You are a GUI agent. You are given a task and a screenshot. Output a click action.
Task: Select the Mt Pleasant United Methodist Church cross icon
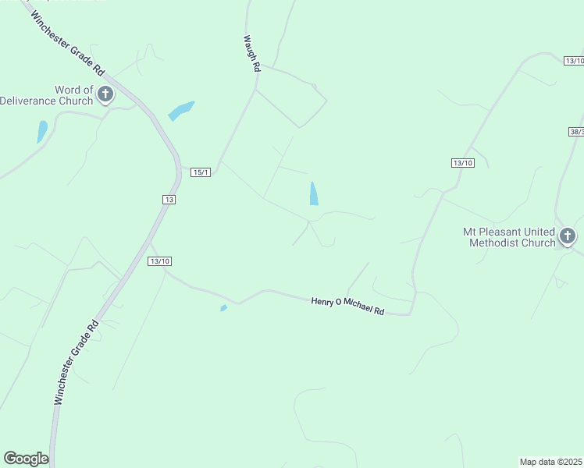tap(568, 236)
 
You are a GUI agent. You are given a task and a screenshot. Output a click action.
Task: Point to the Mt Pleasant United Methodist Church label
tap(509, 237)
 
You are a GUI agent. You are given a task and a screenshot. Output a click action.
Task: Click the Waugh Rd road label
tap(251, 54)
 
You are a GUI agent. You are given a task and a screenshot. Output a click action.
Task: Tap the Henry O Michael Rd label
tap(348, 305)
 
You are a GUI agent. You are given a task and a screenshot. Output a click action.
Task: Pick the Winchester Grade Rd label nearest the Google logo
tap(75, 362)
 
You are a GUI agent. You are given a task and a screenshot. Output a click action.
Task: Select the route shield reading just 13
tap(169, 200)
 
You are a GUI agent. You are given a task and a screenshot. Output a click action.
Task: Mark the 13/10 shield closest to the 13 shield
tap(159, 261)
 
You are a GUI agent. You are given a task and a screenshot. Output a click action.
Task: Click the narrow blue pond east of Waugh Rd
tap(314, 193)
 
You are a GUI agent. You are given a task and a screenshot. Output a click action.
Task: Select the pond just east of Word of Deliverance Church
tap(180, 111)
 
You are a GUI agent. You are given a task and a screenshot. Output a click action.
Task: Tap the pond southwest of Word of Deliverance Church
tap(42, 131)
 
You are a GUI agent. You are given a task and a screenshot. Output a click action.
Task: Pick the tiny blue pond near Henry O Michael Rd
tap(224, 308)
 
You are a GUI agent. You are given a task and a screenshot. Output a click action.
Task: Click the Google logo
tap(26, 459)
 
